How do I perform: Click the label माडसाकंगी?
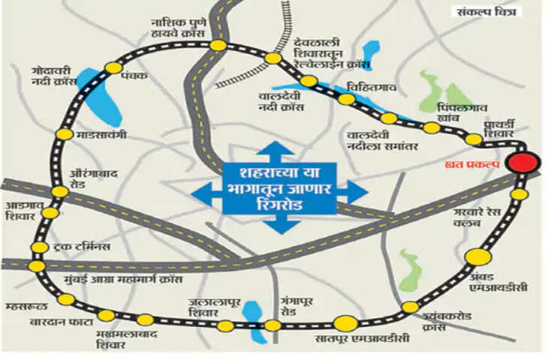tap(101, 135)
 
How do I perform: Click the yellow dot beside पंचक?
tap(113, 68)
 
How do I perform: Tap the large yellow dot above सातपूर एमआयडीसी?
tap(345, 323)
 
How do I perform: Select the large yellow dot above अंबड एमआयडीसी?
tap(478, 256)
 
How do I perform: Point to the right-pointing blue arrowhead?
tap(357, 191)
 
